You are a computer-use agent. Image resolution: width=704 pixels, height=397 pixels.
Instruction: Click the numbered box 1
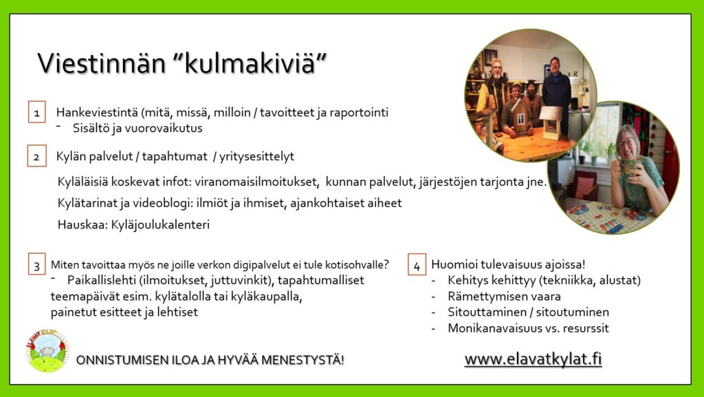tap(37, 112)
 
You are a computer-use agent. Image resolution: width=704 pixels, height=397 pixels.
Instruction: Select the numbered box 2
tap(37, 155)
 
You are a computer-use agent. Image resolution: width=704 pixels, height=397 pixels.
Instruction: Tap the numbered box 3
tap(37, 264)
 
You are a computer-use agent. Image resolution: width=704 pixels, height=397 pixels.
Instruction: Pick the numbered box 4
tap(417, 264)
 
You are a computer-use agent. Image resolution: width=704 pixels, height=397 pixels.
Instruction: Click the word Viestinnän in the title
tap(102, 63)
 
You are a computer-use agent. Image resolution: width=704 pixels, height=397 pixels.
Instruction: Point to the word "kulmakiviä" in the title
tap(250, 63)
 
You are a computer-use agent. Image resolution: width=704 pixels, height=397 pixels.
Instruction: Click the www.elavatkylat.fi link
tap(533, 359)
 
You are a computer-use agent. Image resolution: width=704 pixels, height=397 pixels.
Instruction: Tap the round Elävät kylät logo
tap(47, 350)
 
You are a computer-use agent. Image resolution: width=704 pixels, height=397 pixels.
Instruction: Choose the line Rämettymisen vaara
tap(504, 297)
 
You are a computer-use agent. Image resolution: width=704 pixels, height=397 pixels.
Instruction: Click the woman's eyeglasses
tap(627, 144)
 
